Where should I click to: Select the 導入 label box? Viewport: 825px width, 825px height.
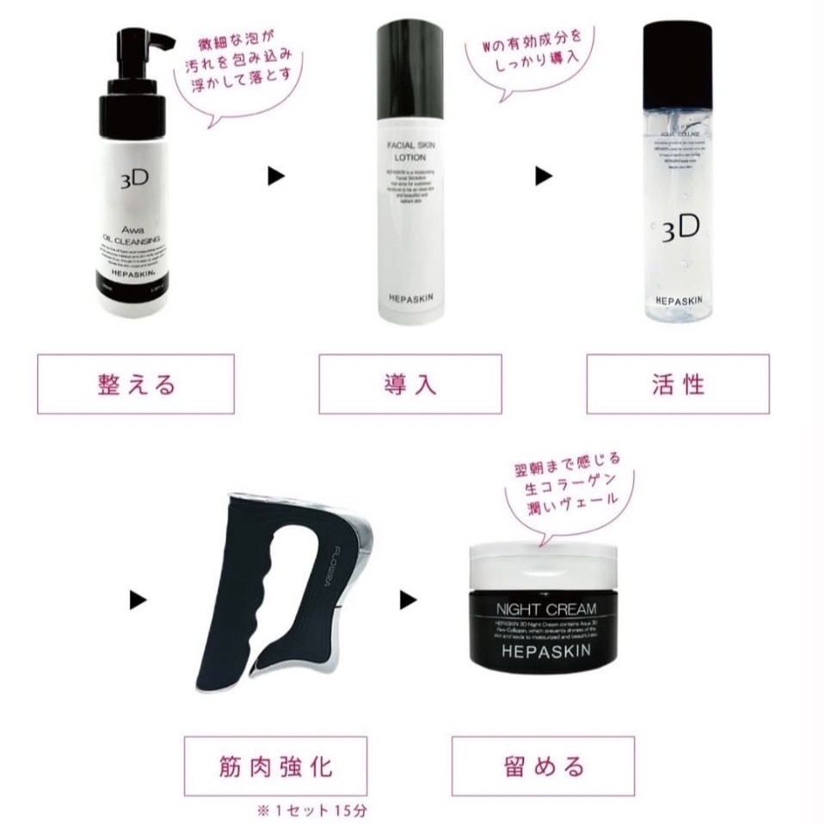click(x=409, y=384)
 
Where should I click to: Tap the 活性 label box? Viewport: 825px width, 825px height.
click(x=678, y=384)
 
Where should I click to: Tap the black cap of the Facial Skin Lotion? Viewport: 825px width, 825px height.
click(x=410, y=69)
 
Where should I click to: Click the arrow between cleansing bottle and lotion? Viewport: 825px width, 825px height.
click(x=275, y=176)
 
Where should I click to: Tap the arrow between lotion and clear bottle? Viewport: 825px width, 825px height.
click(x=543, y=176)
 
